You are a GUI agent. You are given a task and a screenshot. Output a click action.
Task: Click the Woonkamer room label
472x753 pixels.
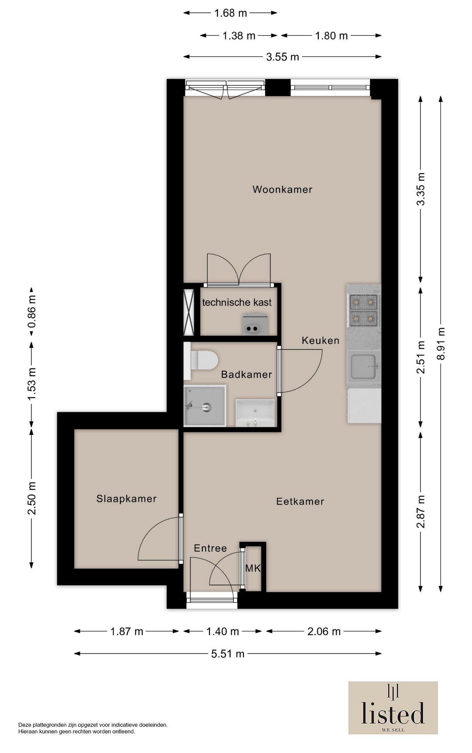click(282, 189)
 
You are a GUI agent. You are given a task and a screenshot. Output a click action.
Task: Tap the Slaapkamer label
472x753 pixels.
click(127, 499)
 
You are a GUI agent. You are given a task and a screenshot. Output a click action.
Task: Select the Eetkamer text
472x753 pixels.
click(300, 501)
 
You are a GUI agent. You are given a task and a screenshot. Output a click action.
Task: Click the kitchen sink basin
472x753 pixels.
click(364, 366)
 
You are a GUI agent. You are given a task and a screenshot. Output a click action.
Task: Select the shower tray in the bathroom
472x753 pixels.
click(205, 405)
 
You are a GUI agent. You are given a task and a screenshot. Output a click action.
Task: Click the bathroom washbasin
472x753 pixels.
click(255, 413)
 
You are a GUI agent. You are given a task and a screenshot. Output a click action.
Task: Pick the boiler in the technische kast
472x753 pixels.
click(255, 324)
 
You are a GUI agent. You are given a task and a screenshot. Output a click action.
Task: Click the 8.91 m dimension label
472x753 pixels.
click(441, 343)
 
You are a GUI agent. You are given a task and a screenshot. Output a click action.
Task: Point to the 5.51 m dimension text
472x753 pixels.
click(228, 654)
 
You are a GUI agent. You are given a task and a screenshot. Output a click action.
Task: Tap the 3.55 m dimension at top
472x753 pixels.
click(283, 57)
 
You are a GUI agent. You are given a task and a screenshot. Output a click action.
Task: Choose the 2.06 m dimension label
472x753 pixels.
click(324, 631)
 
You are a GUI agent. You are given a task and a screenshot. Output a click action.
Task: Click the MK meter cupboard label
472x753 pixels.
click(253, 568)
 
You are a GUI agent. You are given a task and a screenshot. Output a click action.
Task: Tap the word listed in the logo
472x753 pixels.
click(393, 712)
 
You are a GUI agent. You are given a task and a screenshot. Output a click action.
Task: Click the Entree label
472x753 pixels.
click(210, 548)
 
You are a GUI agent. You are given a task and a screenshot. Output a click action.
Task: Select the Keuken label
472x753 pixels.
click(320, 341)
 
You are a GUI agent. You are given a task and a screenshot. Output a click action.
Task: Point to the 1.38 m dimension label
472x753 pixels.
click(239, 36)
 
